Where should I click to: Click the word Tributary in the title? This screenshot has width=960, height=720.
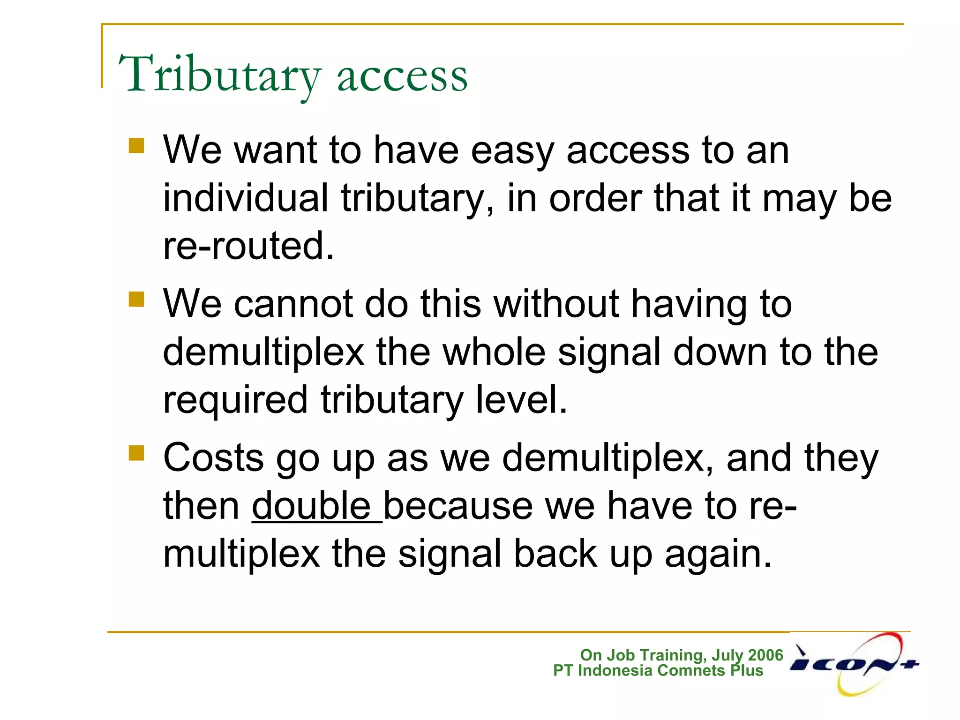[219, 75]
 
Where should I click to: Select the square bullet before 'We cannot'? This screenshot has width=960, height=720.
[136, 299]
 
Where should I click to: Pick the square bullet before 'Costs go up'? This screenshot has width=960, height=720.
[136, 453]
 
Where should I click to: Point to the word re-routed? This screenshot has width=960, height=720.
[248, 246]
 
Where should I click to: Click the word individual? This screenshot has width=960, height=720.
[245, 198]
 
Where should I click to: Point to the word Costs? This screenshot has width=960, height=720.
[213, 457]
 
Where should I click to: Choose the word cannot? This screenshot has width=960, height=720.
[293, 304]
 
